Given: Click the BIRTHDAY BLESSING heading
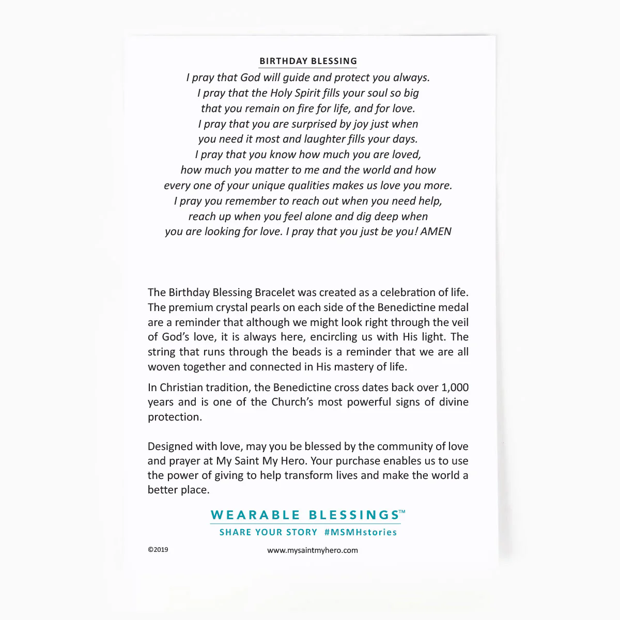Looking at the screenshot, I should pyautogui.click(x=308, y=61).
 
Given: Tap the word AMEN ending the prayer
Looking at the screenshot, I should pyautogui.click(x=436, y=231).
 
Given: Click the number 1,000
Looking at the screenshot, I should pyautogui.click(x=455, y=388).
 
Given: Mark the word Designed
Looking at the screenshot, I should pyautogui.click(x=169, y=446).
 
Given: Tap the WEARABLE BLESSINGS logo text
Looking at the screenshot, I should pyautogui.click(x=305, y=515).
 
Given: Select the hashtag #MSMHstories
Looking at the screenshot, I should pyautogui.click(x=361, y=532).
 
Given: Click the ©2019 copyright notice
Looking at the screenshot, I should pyautogui.click(x=158, y=550).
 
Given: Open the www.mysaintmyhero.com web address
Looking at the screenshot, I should pyautogui.click(x=313, y=550).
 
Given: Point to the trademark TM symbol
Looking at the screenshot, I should pyautogui.click(x=402, y=512).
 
